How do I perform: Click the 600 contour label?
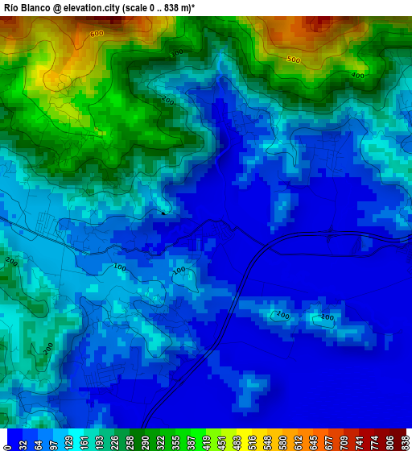97,34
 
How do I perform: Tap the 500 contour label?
293,60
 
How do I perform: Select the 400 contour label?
356,76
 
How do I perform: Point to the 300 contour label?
175,53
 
